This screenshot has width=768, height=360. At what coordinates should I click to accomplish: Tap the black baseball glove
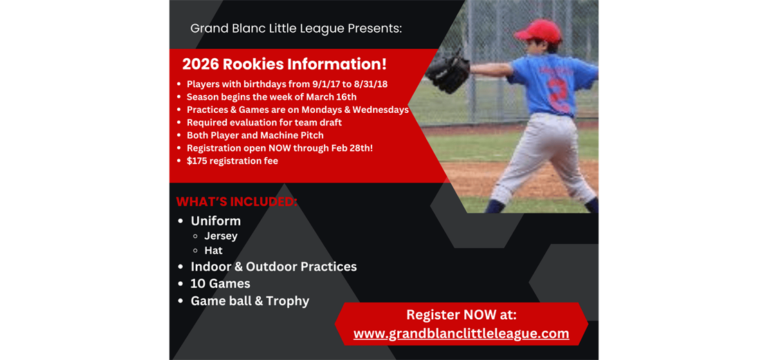[448, 71]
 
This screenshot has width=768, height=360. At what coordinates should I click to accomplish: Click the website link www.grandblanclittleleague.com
[461, 334]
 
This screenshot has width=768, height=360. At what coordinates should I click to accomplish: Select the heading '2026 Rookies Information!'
[284, 64]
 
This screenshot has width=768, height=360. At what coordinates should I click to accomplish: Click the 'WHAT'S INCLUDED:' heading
[237, 201]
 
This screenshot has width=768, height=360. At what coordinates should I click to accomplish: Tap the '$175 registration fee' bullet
[232, 161]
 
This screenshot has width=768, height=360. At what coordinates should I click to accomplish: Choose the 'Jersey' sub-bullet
[221, 236]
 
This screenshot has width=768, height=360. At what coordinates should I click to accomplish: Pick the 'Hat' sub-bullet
[213, 251]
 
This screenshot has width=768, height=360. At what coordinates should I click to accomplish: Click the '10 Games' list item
[220, 283]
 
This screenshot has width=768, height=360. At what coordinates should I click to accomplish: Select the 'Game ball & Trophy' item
[250, 300]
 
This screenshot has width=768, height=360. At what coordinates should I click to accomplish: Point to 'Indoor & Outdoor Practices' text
[273, 267]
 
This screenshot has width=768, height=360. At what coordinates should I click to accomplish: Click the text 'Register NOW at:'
[461, 314]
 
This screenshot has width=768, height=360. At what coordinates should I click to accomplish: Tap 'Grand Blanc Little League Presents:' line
[295, 28]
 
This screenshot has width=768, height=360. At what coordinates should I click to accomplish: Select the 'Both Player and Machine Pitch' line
[255, 135]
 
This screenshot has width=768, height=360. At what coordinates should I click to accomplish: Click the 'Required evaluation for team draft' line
[264, 123]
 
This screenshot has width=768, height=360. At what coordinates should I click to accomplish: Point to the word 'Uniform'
[216, 221]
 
